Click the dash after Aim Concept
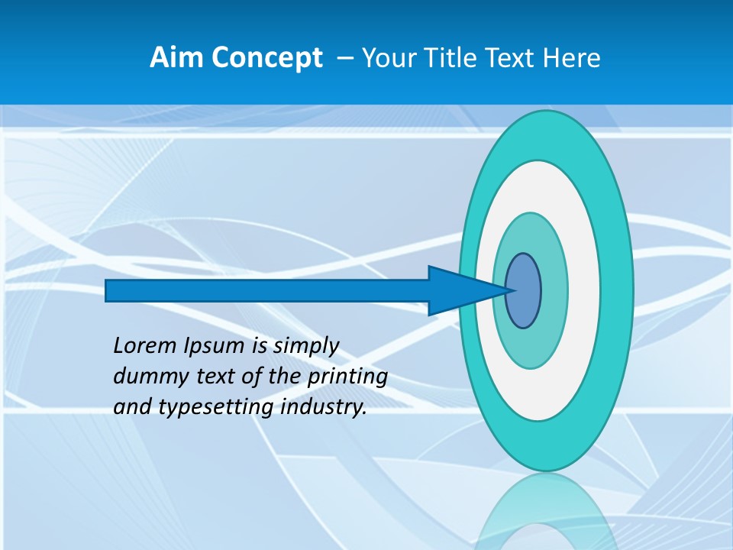click(344, 59)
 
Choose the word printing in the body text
click(347, 377)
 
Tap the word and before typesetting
click(133, 407)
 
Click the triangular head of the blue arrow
click(458, 290)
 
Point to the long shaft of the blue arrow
click(267, 290)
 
